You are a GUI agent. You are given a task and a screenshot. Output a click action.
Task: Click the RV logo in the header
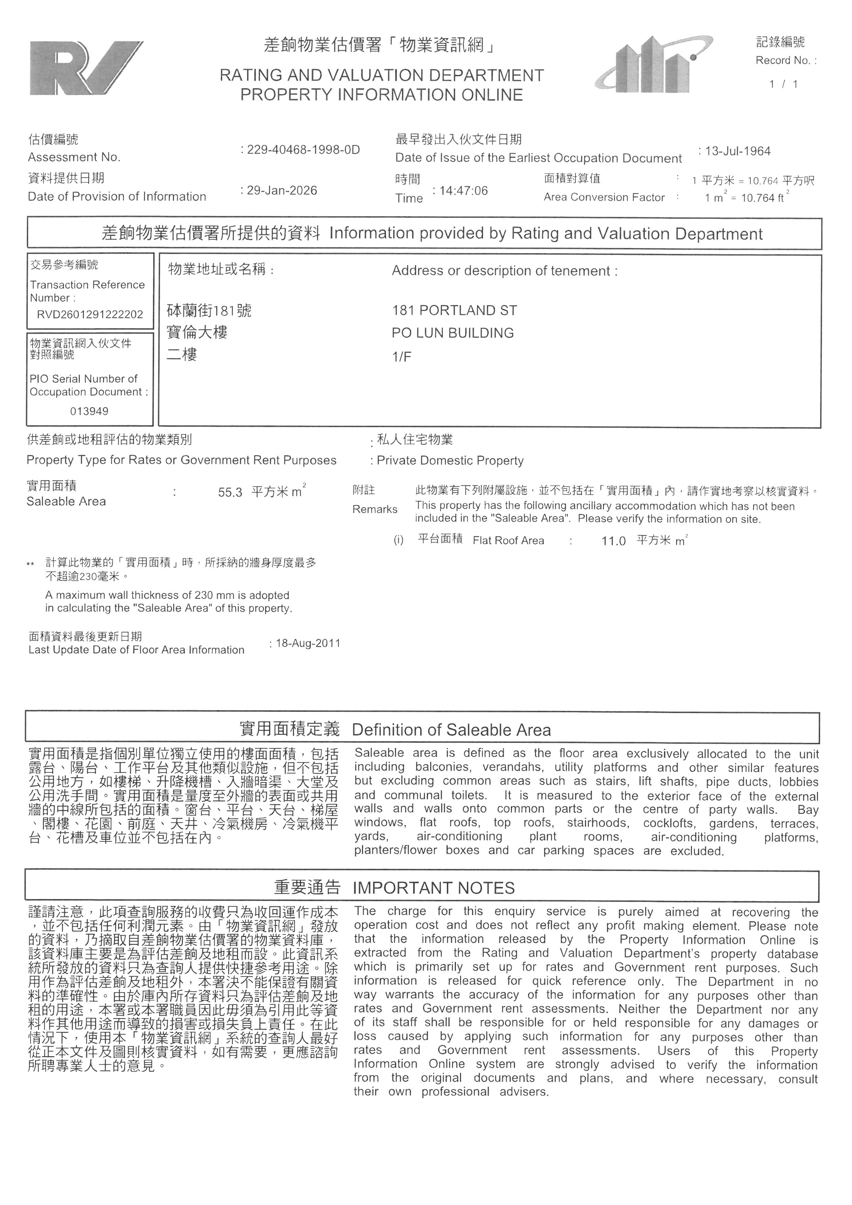pos(86,68)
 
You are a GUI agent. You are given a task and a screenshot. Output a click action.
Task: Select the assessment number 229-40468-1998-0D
pos(303,150)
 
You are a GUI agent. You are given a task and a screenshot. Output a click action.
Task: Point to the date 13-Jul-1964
pos(738,152)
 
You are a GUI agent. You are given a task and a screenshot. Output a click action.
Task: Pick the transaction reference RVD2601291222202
pos(90,315)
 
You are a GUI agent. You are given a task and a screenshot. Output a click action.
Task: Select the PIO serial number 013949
pos(89,412)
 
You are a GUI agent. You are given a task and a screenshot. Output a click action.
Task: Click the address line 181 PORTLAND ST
pos(454,311)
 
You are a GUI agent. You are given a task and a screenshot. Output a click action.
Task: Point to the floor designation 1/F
pos(401,357)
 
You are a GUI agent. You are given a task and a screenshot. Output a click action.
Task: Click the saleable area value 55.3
pos(230,493)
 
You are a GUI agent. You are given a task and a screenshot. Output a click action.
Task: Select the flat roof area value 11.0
pos(613,541)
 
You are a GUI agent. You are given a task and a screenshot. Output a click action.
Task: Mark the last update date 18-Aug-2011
pos(308,644)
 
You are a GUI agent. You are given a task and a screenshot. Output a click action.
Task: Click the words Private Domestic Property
pos(450,461)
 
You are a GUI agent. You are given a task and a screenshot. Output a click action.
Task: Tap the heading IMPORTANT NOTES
pos(433,888)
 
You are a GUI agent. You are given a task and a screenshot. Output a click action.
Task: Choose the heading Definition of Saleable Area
pos(451,730)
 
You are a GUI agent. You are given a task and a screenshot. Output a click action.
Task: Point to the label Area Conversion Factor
pos(604,197)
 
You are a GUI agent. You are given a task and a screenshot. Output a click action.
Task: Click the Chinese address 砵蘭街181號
pos(209,311)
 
